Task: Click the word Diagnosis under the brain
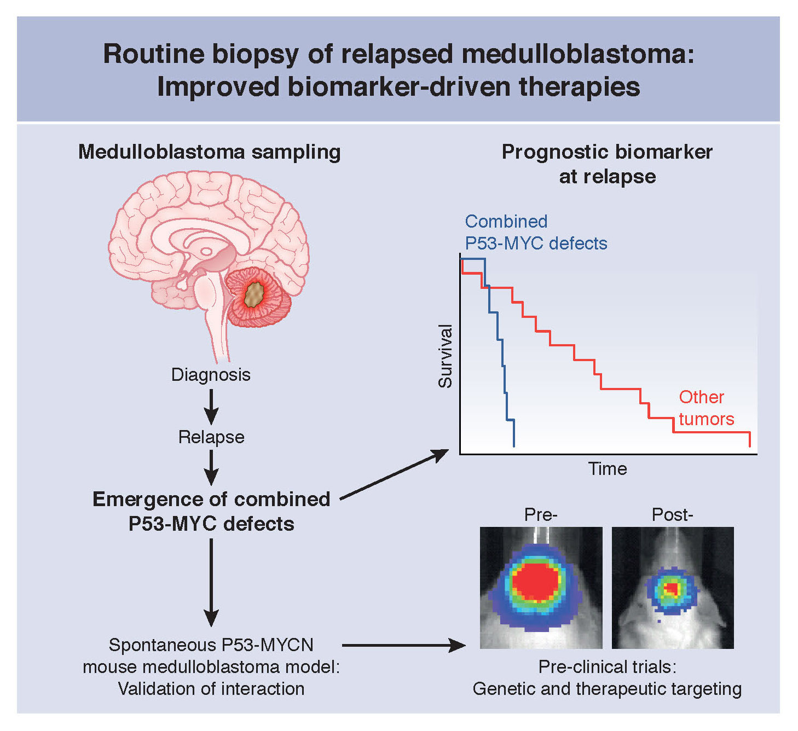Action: (211, 375)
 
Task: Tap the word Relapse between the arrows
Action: (211, 437)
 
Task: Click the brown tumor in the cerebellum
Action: (255, 295)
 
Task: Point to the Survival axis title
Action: (446, 356)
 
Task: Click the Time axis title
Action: (608, 469)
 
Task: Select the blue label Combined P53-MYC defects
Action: (536, 233)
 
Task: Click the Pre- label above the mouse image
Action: (541, 515)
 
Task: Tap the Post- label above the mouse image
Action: (672, 515)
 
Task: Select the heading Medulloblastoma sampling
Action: (210, 152)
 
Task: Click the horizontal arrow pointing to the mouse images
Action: (403, 646)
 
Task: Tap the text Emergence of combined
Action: (211, 500)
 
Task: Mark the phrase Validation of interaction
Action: (211, 689)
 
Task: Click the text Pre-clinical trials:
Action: (607, 667)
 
